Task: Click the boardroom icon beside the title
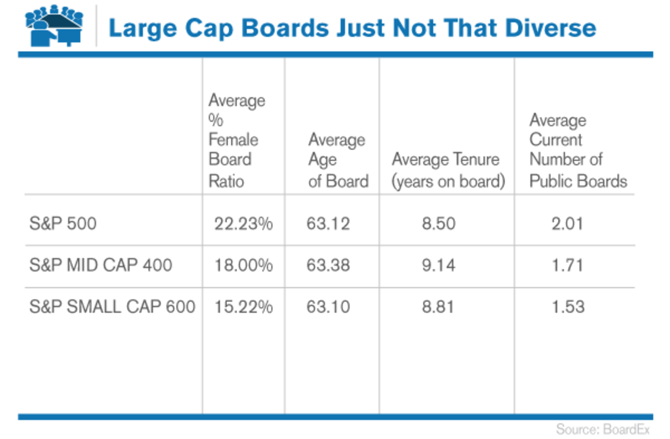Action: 54,27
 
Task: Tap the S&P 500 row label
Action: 63,224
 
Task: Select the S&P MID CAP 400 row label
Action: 100,265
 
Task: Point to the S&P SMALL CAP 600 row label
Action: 112,307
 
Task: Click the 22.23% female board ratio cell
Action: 243,224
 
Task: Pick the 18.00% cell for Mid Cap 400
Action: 243,265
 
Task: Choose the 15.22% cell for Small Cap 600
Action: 243,307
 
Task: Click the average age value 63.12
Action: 328,224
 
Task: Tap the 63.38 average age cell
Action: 328,265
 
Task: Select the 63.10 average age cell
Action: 328,307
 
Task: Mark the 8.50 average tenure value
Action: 439,224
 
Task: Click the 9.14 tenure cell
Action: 439,265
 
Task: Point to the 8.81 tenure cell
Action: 439,307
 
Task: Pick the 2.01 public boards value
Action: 566,224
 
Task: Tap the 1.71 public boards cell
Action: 566,265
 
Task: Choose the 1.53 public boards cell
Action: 566,307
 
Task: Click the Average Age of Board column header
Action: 338,160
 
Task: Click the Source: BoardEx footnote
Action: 603,430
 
